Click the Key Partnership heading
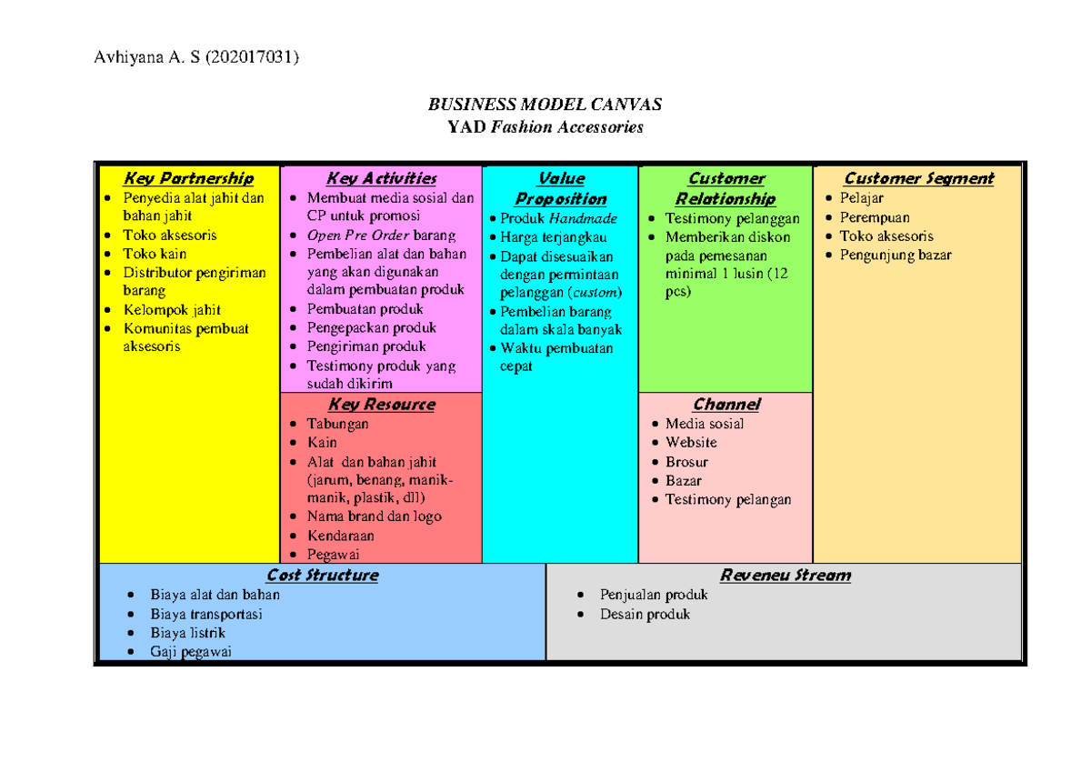tap(188, 178)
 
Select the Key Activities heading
tap(381, 178)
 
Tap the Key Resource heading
tap(381, 404)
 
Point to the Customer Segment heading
tap(918, 178)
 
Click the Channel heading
tap(726, 404)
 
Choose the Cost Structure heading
tap(322, 575)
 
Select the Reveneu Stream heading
tap(785, 575)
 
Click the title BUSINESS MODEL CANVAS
tap(545, 104)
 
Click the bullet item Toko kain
tap(154, 254)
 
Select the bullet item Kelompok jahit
tap(172, 310)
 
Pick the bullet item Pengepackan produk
tap(371, 327)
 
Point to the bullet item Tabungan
tap(337, 424)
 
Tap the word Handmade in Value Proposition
tap(583, 218)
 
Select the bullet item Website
tap(691, 443)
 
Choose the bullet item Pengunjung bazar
tap(896, 255)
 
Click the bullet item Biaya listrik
tap(188, 633)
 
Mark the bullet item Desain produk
tap(645, 614)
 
